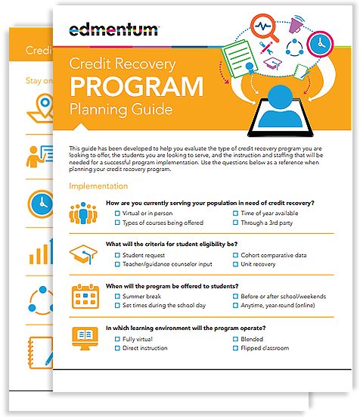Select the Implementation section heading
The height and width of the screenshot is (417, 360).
click(98, 185)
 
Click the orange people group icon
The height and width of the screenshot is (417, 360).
click(82, 214)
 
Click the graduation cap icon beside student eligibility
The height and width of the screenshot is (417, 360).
click(82, 256)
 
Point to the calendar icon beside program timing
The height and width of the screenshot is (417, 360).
click(82, 297)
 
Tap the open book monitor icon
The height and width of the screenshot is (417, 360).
click(82, 338)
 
